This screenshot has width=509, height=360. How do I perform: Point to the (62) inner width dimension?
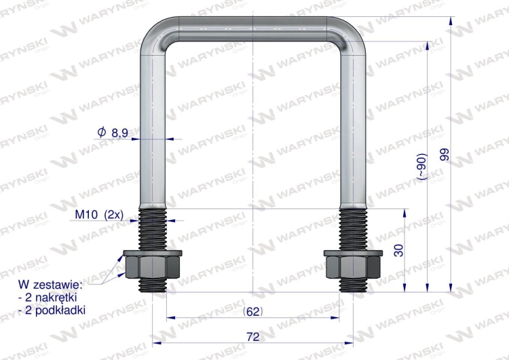click(x=252, y=311)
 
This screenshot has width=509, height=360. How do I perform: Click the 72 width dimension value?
click(x=252, y=336)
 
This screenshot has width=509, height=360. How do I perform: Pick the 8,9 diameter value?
click(x=119, y=134)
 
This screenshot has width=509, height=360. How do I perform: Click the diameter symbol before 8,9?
click(x=102, y=133)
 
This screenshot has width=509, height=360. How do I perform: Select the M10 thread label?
click(x=86, y=215)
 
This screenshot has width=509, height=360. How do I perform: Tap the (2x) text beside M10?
click(x=113, y=215)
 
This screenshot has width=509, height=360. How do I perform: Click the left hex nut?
click(x=153, y=264)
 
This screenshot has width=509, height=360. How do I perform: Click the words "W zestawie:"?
click(x=51, y=284)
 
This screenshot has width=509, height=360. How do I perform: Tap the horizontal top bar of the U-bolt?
click(x=252, y=28)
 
